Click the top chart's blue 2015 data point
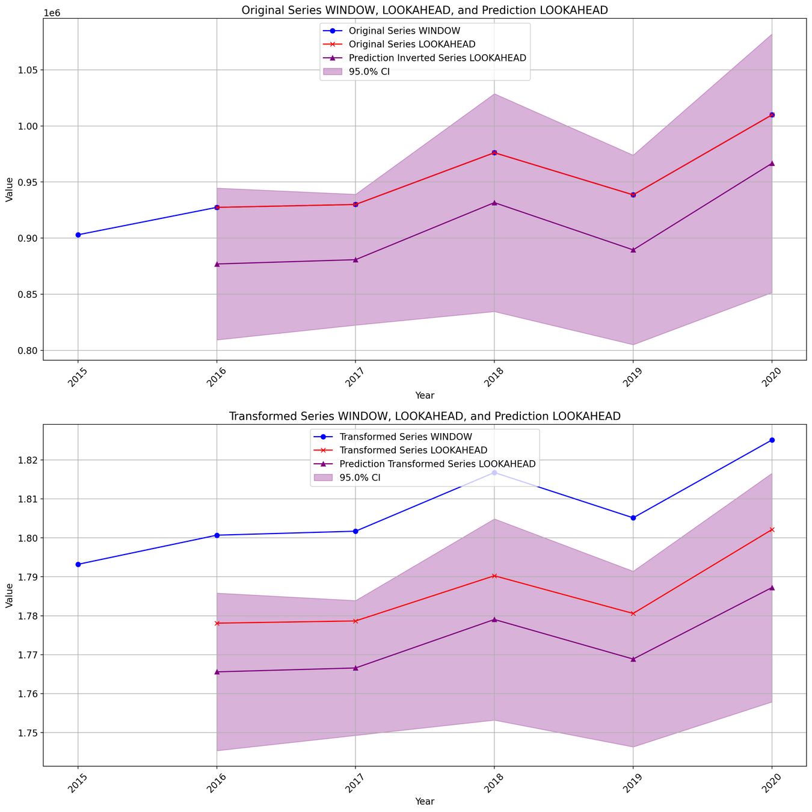point(78,235)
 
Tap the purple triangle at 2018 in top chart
point(494,203)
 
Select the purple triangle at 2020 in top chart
point(772,163)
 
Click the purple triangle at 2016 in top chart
point(217,264)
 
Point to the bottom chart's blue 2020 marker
point(772,440)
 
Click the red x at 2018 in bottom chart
point(494,576)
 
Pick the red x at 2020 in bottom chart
point(772,529)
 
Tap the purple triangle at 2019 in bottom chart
point(633,659)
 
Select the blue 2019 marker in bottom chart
point(633,518)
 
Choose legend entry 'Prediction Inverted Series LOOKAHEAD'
point(437,58)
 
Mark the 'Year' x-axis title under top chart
point(425,395)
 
